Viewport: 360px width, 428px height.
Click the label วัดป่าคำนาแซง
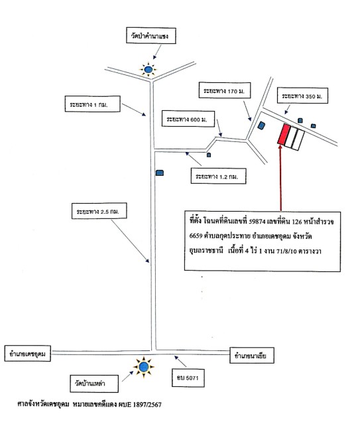(x=150, y=35)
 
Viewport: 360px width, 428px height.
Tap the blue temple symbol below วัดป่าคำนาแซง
(x=148, y=69)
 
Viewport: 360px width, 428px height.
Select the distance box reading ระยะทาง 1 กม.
(x=92, y=104)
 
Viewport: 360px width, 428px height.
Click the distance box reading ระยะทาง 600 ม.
(x=188, y=119)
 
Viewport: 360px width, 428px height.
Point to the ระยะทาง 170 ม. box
(x=225, y=90)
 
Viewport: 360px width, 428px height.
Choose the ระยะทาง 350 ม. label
(x=302, y=96)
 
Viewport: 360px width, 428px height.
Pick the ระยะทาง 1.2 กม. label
(x=219, y=176)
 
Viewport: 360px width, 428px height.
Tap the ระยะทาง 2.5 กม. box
(x=99, y=211)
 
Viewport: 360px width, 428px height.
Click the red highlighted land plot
(x=284, y=134)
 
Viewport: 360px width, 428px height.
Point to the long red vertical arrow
(x=280, y=177)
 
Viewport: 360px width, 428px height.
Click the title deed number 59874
(x=257, y=222)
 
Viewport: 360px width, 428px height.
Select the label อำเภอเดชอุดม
(x=28, y=354)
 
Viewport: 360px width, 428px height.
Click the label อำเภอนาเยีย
(x=252, y=355)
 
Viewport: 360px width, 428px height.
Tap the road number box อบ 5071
(x=188, y=378)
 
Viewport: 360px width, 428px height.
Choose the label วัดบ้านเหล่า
(x=94, y=384)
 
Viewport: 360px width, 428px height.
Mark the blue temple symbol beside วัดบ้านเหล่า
(x=143, y=367)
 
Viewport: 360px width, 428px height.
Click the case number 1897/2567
(x=147, y=404)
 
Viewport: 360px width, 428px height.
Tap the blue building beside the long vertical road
(x=160, y=173)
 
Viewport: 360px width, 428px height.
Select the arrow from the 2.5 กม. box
(x=130, y=241)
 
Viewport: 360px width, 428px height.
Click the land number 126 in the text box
(x=297, y=222)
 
